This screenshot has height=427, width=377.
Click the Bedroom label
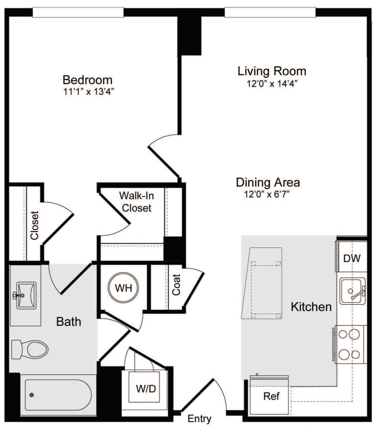coord(87,80)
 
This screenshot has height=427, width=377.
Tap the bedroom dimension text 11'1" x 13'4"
coord(87,92)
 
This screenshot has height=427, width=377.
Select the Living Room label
coord(272,71)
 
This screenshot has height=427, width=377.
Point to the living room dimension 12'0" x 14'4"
coord(272,83)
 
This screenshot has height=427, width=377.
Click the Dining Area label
coord(268,183)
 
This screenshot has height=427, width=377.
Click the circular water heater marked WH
coord(124,287)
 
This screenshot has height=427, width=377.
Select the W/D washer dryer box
coord(145,388)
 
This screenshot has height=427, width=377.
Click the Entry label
coord(199,419)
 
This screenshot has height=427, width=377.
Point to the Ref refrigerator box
coord(271,396)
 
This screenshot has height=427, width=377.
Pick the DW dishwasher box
coord(352,258)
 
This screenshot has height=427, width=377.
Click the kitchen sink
coord(352,291)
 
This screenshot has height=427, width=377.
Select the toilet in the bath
coord(31,349)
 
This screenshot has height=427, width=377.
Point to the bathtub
coord(57,394)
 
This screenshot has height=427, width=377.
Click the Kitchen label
coord(311,307)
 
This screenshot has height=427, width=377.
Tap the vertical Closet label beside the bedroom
coord(34,226)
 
